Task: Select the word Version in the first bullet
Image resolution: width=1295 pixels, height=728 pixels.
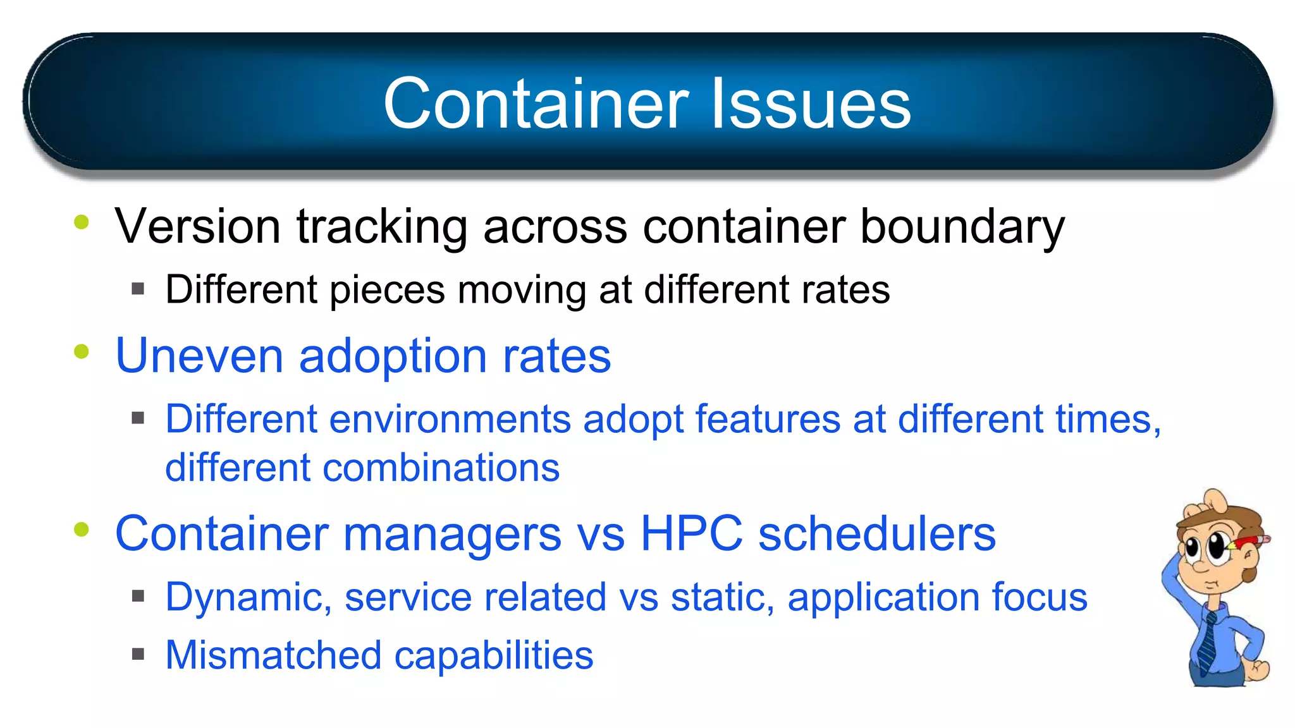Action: pyautogui.click(x=197, y=226)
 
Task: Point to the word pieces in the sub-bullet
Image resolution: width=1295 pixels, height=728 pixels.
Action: pyautogui.click(x=387, y=291)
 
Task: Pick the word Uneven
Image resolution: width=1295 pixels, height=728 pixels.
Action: pyautogui.click(x=199, y=356)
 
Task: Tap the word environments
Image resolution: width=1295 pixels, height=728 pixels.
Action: pyautogui.click(x=450, y=420)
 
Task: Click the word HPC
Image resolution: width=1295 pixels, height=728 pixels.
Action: pyautogui.click(x=691, y=534)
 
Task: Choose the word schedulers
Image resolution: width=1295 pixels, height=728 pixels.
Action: pyautogui.click(x=876, y=534)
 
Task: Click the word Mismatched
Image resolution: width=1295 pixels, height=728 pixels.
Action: pyautogui.click(x=273, y=655)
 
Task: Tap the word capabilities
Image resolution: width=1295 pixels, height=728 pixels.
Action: pyautogui.click(x=494, y=656)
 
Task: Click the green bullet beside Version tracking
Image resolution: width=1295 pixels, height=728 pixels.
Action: pyautogui.click(x=82, y=222)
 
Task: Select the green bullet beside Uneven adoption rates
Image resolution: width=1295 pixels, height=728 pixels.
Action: pyautogui.click(x=82, y=351)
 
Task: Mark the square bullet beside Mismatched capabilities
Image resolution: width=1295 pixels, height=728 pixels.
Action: pyautogui.click(x=138, y=654)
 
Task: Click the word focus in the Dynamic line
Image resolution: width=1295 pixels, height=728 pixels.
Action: pyautogui.click(x=1039, y=597)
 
